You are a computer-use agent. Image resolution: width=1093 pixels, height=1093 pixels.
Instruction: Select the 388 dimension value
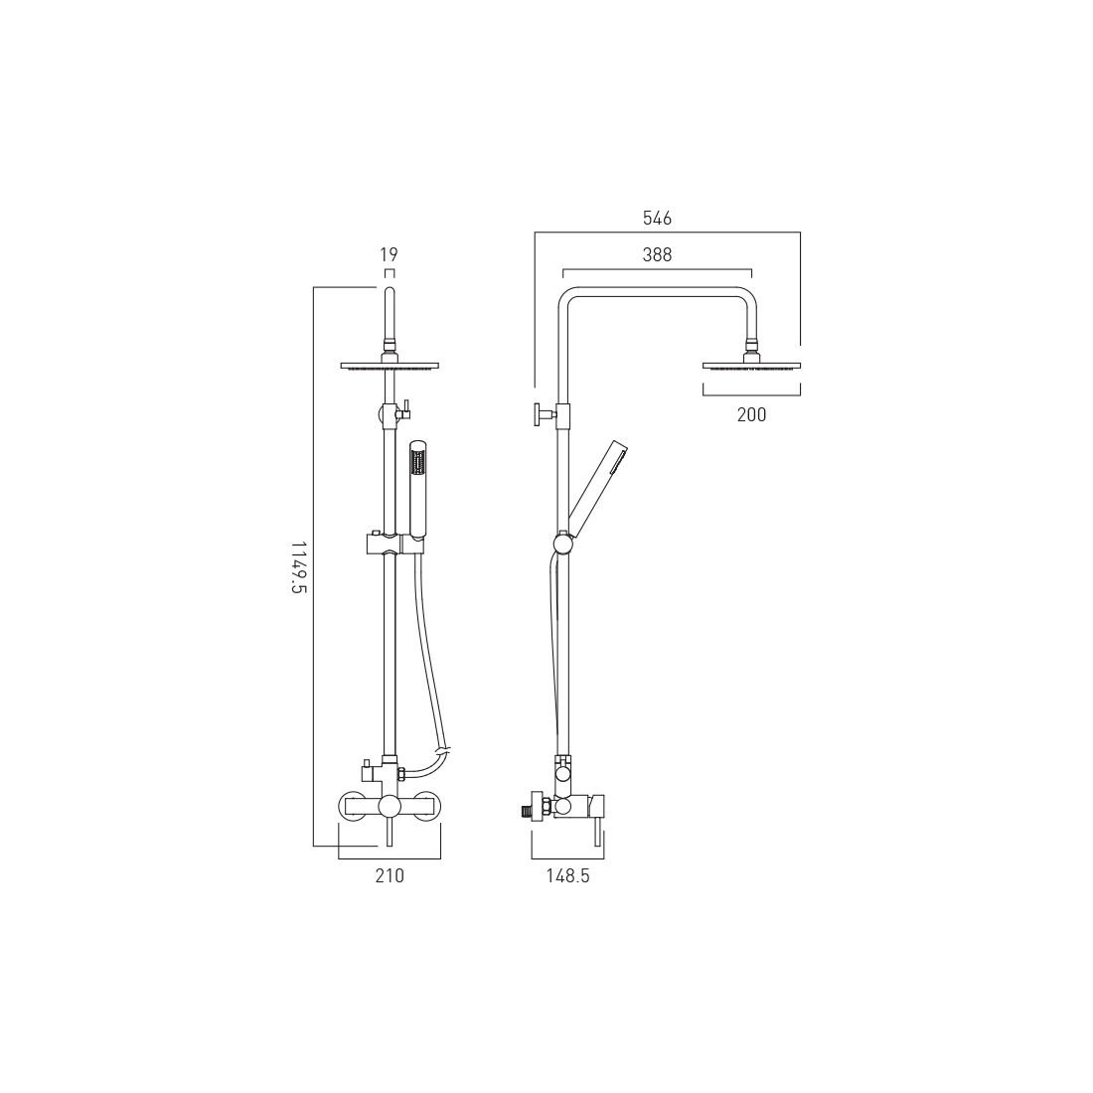(x=657, y=255)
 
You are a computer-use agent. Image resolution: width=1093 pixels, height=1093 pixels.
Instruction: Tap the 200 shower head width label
(x=751, y=415)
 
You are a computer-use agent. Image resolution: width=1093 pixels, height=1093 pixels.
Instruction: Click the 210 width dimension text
(x=390, y=875)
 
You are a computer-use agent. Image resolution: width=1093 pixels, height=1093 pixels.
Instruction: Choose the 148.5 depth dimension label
(x=567, y=875)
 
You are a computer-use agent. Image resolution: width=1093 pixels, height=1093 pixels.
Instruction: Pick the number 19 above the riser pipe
(x=389, y=255)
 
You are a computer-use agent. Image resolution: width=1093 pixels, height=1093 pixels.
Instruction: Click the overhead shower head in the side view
(x=751, y=364)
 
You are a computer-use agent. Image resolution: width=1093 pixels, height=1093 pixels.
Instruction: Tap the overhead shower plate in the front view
(x=389, y=366)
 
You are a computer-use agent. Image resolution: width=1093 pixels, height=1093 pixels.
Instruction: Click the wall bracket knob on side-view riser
(x=541, y=412)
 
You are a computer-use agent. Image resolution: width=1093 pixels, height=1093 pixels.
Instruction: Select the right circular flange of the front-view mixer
(x=425, y=806)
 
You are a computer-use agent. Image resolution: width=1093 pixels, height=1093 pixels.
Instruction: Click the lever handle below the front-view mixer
(x=390, y=832)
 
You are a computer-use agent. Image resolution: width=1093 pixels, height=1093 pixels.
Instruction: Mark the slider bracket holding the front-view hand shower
(x=394, y=544)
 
